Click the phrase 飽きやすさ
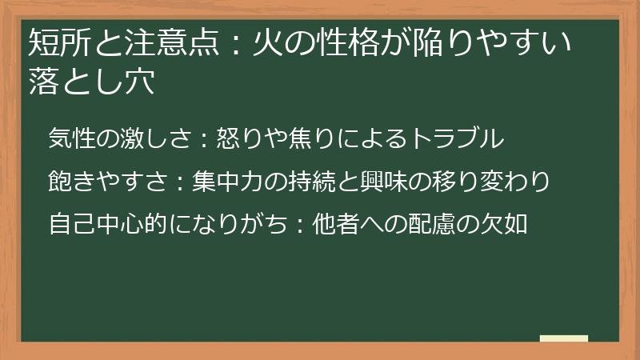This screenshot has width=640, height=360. pyautogui.click(x=105, y=181)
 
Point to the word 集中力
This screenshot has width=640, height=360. pyautogui.click(x=230, y=181)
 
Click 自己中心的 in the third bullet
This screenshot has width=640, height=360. pyautogui.click(x=105, y=224)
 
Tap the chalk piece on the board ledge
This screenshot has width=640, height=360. pyautogui.click(x=564, y=338)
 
